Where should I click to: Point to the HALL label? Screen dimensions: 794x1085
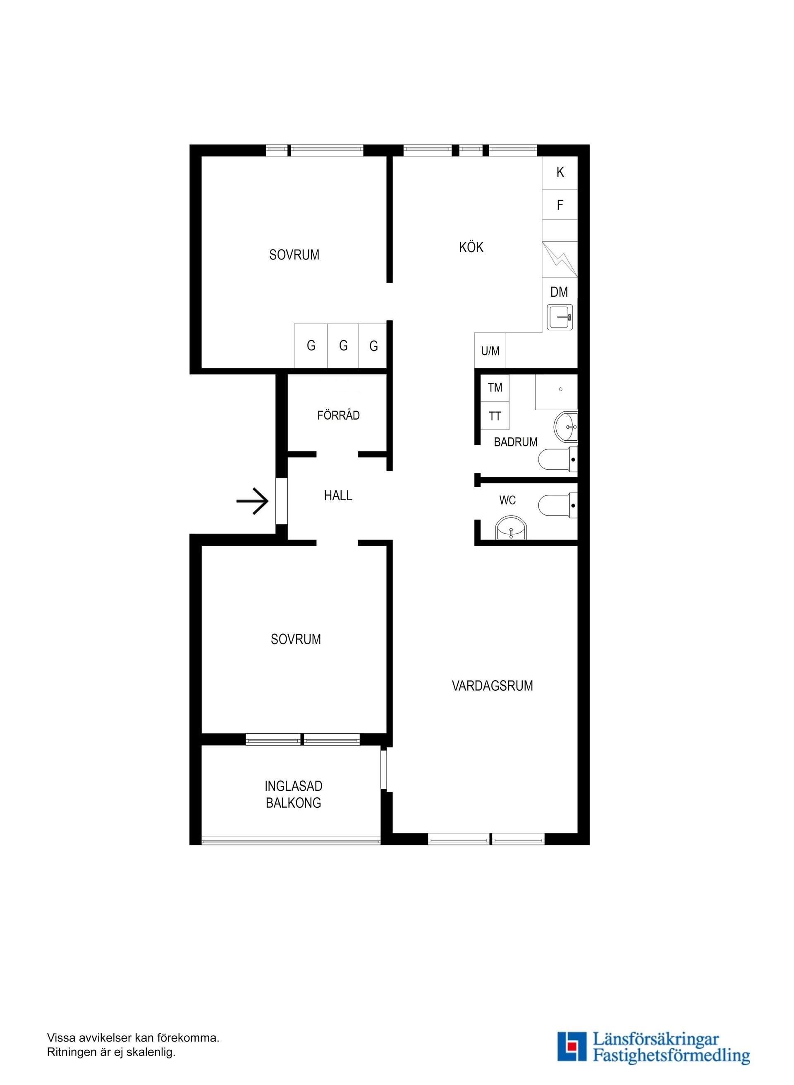point(338,495)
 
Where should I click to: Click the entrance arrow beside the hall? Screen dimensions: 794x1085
point(252,502)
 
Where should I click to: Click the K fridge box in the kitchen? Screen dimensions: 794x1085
point(560,172)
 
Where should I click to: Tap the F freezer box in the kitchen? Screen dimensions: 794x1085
point(560,205)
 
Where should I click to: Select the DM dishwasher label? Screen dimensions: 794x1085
point(559,292)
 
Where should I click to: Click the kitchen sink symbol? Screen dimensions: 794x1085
point(560,317)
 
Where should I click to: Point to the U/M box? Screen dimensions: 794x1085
point(490,350)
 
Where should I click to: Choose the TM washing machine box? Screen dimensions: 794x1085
point(495,388)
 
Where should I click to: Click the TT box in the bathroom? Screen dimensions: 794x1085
point(495,415)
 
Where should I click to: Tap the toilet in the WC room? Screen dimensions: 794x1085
point(557,505)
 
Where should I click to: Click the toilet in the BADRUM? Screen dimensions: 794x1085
point(557,459)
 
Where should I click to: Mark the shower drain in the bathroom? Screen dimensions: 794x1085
point(560,389)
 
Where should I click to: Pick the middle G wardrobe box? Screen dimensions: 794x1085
point(343,346)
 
